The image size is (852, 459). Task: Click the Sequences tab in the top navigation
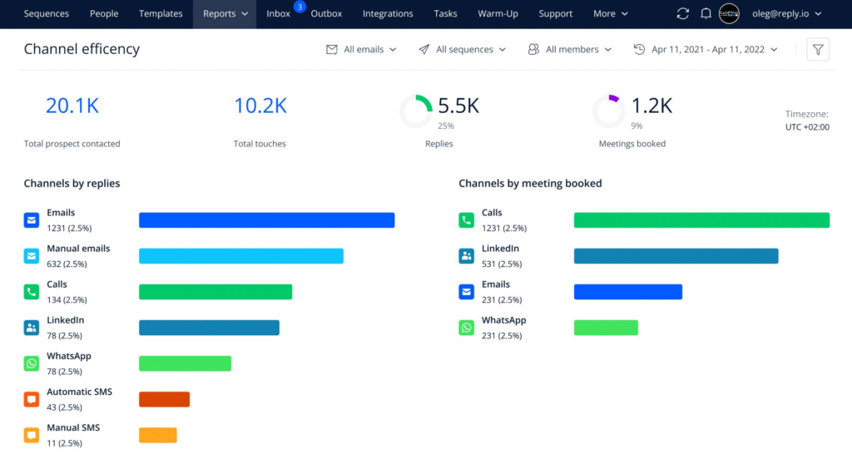click(46, 14)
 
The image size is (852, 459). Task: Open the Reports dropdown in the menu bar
click(225, 14)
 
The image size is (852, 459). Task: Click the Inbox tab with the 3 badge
click(279, 14)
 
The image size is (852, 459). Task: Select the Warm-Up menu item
click(497, 14)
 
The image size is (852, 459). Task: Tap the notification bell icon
click(706, 14)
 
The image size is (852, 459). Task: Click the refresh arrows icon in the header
click(683, 14)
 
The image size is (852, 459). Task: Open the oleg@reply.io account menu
click(780, 14)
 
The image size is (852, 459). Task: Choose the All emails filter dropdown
click(362, 50)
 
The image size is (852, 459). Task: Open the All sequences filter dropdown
click(463, 50)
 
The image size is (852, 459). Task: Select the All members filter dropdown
click(570, 50)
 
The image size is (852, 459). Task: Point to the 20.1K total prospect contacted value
click(72, 106)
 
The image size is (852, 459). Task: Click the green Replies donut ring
click(416, 111)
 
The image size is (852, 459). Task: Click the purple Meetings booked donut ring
click(608, 111)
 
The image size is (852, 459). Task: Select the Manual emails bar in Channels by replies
click(240, 256)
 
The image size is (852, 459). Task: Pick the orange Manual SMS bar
click(157, 435)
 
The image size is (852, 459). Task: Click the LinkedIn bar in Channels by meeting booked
click(676, 256)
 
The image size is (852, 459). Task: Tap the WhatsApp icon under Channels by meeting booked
click(466, 328)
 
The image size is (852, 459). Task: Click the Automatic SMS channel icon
click(32, 399)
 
